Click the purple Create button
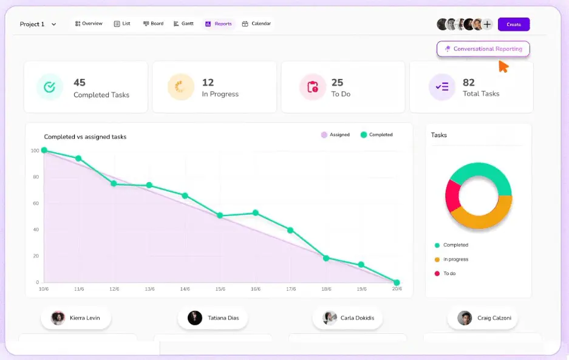[x=514, y=24]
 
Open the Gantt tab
[x=183, y=24]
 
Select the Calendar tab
[x=256, y=24]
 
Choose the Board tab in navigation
[x=153, y=24]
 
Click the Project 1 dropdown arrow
[x=53, y=24]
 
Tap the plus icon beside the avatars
[x=488, y=24]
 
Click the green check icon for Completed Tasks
[x=49, y=87]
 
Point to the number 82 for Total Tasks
[x=468, y=83]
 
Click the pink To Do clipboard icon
[x=313, y=87]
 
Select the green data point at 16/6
[x=256, y=212]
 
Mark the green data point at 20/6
[x=397, y=282]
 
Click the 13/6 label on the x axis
[x=149, y=289]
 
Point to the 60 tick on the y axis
[x=36, y=203]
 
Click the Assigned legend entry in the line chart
[x=335, y=135]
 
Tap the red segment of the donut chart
[x=453, y=195]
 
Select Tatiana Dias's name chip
[x=213, y=318]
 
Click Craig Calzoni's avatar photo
[x=465, y=318]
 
